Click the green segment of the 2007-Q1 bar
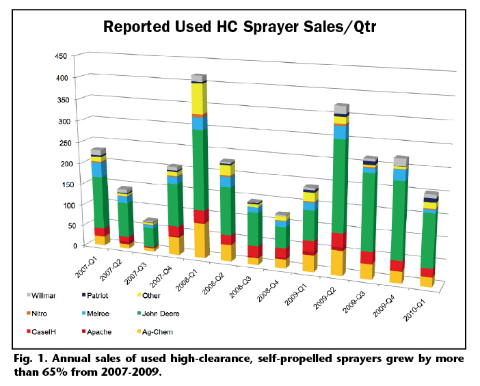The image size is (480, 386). [100, 202]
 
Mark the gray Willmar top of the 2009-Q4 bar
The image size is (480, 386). [401, 162]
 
